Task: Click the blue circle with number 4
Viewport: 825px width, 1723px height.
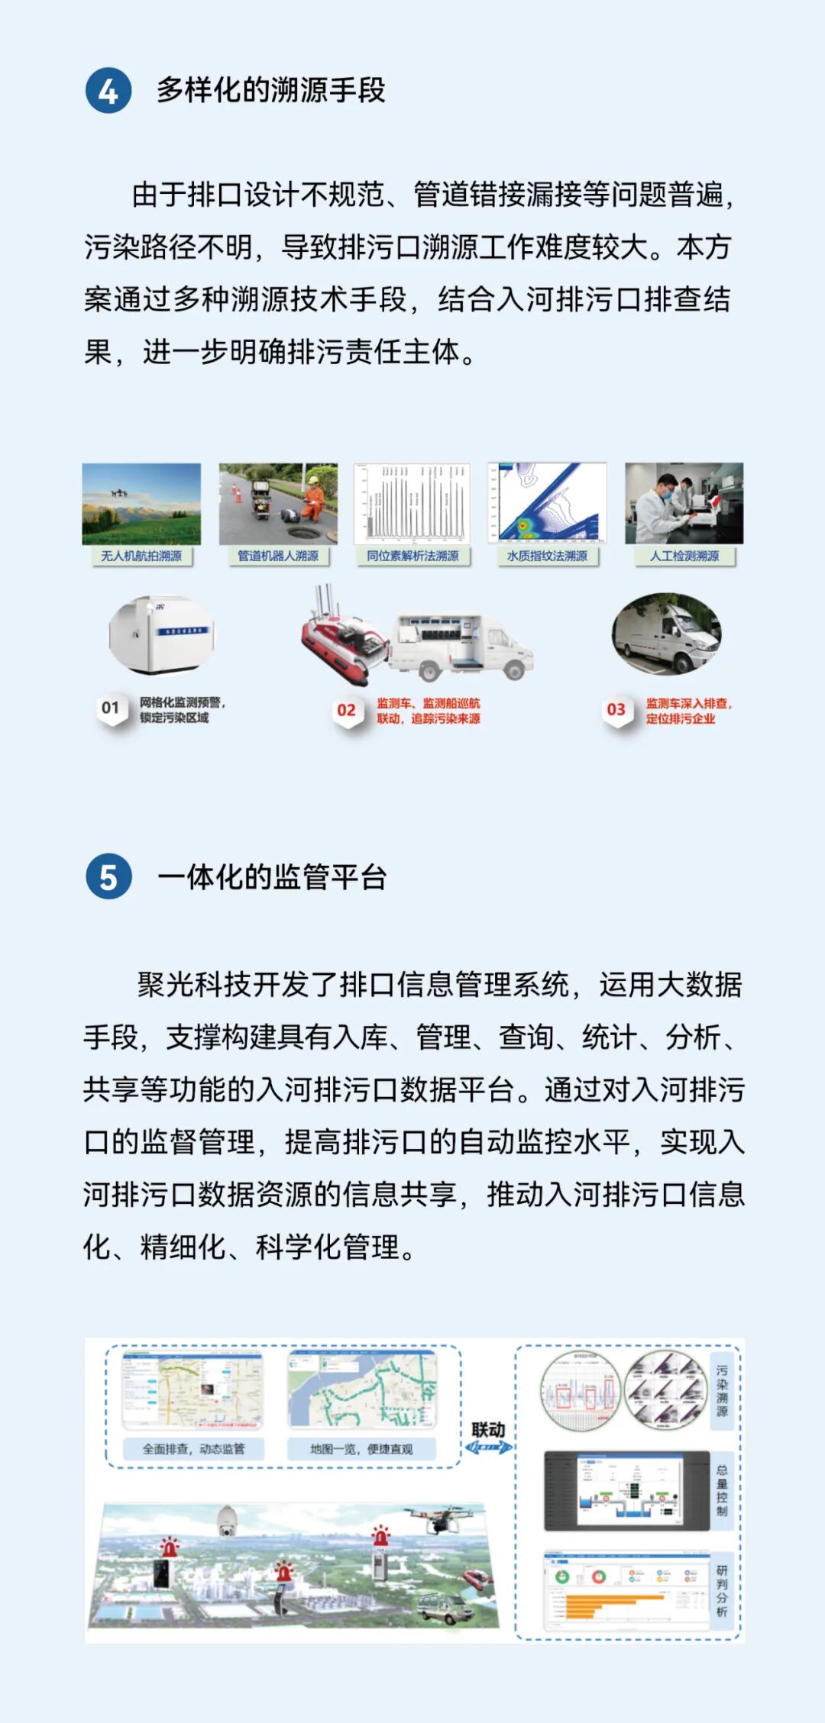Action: click(x=108, y=91)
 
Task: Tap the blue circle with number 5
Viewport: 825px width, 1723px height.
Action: click(x=108, y=876)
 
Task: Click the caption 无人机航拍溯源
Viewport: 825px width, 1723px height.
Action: click(x=141, y=556)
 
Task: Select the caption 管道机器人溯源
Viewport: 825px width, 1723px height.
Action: click(x=278, y=556)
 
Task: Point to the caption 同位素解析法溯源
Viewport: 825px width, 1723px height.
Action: click(x=412, y=556)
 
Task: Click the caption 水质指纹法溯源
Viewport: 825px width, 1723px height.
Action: click(x=547, y=556)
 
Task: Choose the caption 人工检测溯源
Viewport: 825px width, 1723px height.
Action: click(x=684, y=556)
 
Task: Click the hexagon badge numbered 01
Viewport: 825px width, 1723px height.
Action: click(x=111, y=708)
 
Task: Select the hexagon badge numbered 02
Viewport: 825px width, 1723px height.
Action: click(x=347, y=710)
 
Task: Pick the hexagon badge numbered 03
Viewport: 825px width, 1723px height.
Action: click(x=616, y=710)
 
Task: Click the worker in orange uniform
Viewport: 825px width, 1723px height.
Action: click(x=312, y=501)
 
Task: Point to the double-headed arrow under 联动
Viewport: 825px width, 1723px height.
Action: click(x=489, y=1447)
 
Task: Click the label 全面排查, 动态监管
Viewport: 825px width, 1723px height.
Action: click(x=194, y=1448)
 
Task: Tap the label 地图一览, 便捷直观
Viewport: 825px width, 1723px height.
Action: click(x=361, y=1448)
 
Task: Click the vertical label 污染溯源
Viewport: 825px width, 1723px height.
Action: click(x=722, y=1391)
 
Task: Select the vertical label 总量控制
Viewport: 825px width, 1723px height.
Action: click(x=722, y=1490)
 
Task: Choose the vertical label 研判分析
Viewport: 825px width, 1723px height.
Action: click(x=722, y=1591)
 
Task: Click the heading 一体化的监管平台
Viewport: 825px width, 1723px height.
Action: click(x=272, y=876)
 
